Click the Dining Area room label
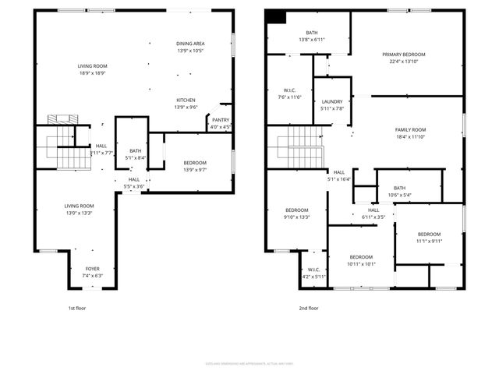[190, 44]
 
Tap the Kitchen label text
[186, 101]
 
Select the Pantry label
[221, 120]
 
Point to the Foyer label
[93, 270]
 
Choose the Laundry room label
[332, 102]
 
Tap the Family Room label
[410, 129]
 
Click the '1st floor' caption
[77, 308]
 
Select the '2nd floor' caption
[309, 308]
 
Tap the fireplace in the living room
[59, 119]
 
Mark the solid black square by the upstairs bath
[276, 16]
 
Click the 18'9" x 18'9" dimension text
[92, 72]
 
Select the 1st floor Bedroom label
[194, 162]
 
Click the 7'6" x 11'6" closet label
[288, 97]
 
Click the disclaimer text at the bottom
[249, 363]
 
